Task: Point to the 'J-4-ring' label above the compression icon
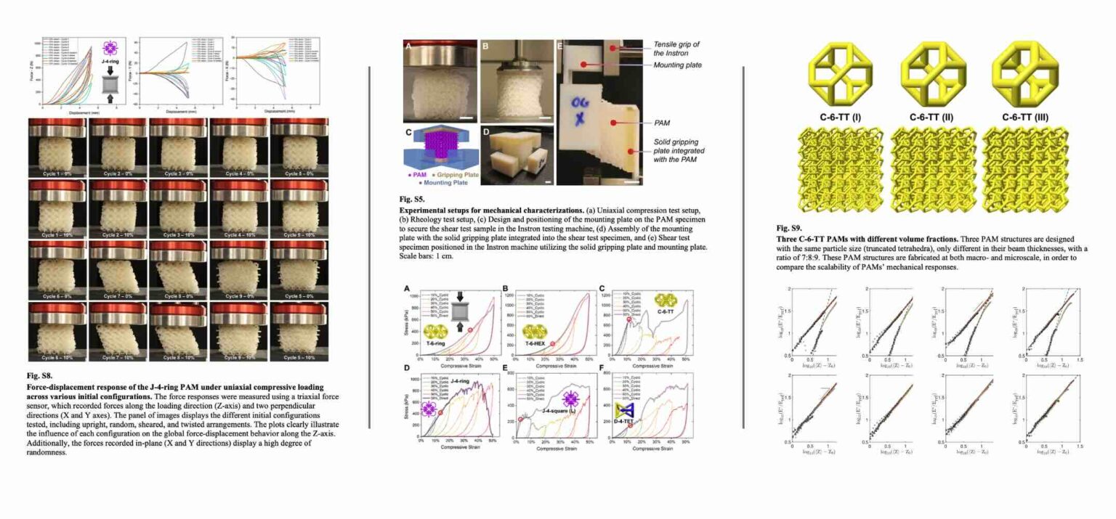coord(110,63)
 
